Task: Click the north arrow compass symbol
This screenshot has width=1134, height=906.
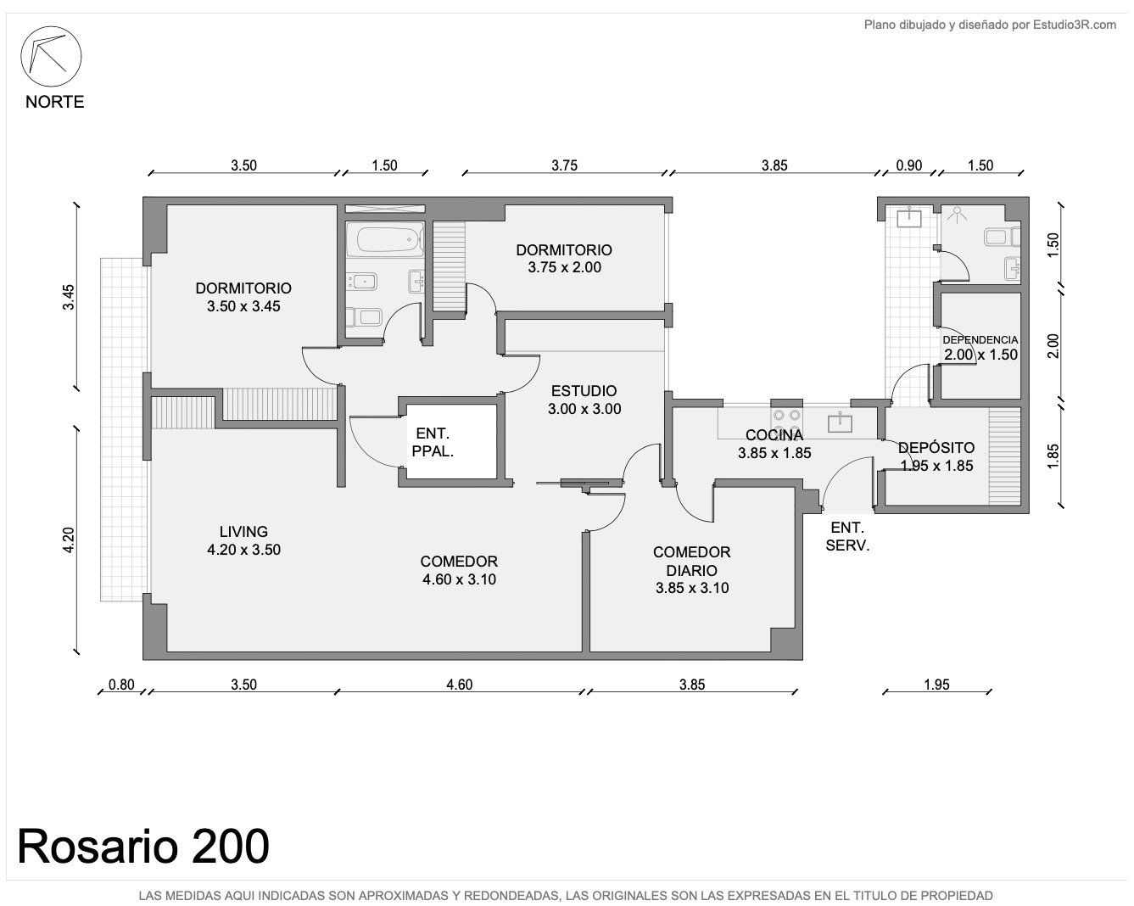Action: coord(51,56)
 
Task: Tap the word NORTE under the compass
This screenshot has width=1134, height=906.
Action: coord(55,102)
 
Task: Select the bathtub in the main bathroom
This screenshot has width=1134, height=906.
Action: coord(385,239)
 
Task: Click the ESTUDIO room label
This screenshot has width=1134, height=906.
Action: coord(584,390)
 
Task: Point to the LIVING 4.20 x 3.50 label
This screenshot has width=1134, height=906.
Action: coord(243,540)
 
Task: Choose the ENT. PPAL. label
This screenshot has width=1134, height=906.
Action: coord(433,442)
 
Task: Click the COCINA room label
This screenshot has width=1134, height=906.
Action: coord(774,435)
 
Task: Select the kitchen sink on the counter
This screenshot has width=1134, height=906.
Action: coord(840,422)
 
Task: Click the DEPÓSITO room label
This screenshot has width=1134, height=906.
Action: coord(936,447)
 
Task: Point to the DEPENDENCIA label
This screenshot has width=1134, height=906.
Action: coord(980,340)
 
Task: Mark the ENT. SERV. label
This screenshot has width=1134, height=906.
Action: coord(847,536)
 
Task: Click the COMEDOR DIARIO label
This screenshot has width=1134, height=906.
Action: coord(692,561)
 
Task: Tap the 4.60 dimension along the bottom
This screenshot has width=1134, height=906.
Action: coord(460,685)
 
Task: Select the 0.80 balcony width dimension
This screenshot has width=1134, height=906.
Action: coord(121,685)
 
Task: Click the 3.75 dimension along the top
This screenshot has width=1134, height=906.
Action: coord(564,165)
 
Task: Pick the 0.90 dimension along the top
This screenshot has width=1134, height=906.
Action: coord(909,165)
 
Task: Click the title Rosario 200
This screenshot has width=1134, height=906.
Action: coord(143,847)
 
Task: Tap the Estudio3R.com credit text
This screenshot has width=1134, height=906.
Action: coord(1074,25)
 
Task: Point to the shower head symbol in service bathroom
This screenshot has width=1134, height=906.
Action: coord(957,214)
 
